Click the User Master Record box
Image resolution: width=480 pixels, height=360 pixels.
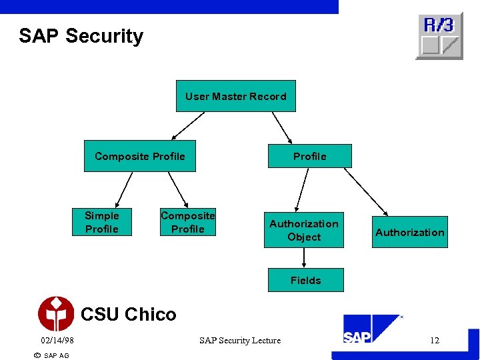click(x=235, y=96)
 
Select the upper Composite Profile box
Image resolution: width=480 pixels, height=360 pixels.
click(x=140, y=156)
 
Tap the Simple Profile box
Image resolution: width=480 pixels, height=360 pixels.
click(x=102, y=222)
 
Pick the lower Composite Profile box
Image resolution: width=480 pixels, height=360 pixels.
click(x=187, y=222)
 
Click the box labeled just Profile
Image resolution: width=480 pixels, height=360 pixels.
click(x=310, y=156)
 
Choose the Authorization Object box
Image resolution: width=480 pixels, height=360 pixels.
click(x=304, y=231)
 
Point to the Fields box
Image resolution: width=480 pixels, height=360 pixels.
click(x=305, y=281)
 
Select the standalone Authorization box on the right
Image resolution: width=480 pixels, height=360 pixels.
click(x=409, y=232)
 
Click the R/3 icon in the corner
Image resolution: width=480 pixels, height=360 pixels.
click(x=439, y=35)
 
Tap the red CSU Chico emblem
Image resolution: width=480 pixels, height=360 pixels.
click(x=56, y=314)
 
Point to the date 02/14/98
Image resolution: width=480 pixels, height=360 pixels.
click(x=57, y=341)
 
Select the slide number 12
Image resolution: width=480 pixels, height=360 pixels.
click(x=435, y=341)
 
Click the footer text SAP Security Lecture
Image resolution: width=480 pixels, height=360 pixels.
click(x=240, y=341)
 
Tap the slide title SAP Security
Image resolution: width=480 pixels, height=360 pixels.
click(x=81, y=36)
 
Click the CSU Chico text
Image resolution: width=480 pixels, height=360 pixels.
click(x=129, y=314)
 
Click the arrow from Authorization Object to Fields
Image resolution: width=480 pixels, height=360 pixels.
click(x=304, y=258)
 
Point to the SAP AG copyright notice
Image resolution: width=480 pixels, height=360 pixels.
click(x=51, y=355)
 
